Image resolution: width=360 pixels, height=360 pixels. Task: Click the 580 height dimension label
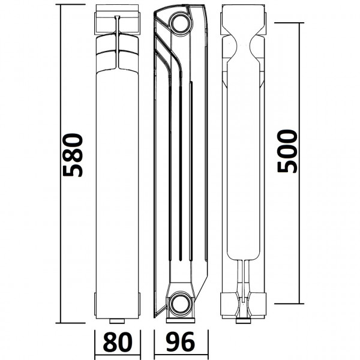coord(73,155)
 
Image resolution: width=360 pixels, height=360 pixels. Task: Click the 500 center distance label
coord(287,151)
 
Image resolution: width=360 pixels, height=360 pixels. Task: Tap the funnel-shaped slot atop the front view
coord(118,24)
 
